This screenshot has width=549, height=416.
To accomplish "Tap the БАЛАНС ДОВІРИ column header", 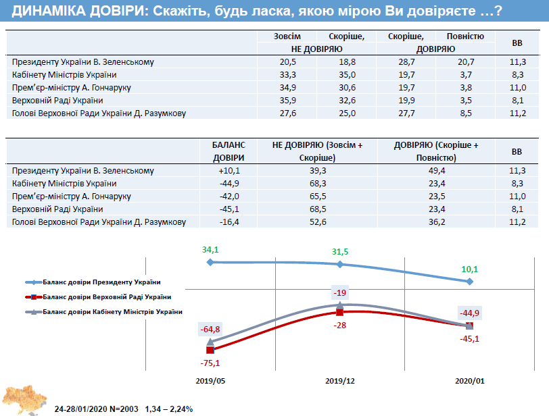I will pos(229,151).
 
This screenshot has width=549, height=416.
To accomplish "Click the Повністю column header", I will pos(464,36).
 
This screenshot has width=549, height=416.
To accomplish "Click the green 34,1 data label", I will pos(210,249).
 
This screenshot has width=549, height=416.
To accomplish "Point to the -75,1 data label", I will pos(210,363).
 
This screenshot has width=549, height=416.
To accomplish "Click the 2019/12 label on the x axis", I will pos(340,380).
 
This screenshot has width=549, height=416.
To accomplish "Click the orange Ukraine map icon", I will pos(23,399).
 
